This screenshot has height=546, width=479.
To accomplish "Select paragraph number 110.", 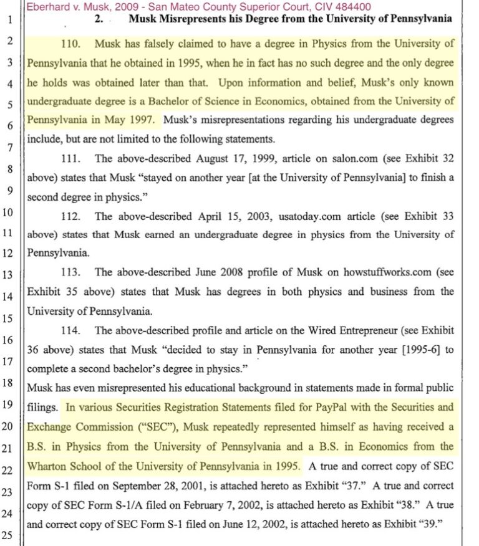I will click(x=74, y=45).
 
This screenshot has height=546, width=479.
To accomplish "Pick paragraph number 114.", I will click(x=74, y=330).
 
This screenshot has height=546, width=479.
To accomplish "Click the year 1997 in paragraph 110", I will click(x=145, y=118).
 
